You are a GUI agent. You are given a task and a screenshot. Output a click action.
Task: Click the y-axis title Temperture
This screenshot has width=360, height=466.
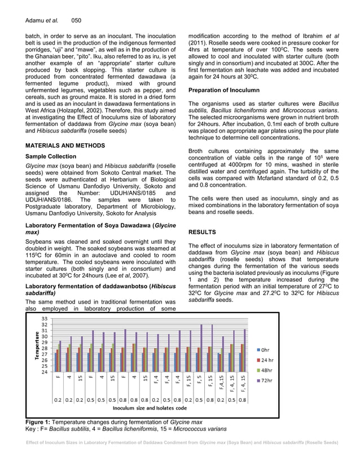[x=37, y=346]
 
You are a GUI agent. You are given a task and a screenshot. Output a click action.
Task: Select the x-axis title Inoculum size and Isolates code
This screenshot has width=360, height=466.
[x=150, y=407]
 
